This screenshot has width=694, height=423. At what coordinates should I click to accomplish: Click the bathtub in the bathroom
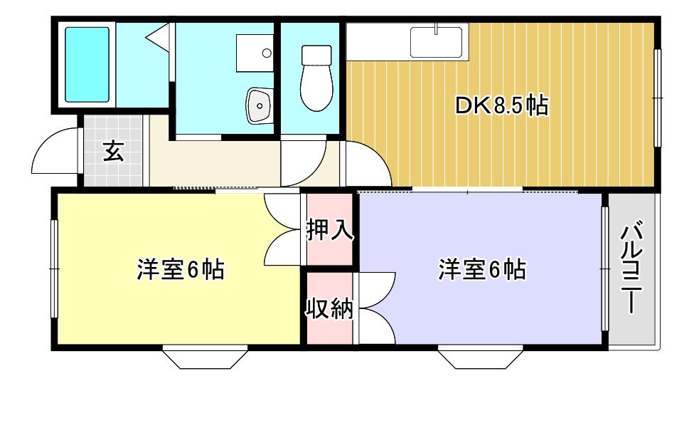[87, 65]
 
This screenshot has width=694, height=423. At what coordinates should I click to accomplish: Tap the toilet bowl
[316, 78]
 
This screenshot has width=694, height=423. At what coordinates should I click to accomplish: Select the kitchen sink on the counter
[436, 42]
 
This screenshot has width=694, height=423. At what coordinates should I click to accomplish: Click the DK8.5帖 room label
[502, 106]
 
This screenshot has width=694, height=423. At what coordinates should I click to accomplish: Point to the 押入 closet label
[330, 230]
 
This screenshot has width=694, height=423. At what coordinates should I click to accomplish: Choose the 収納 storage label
[330, 308]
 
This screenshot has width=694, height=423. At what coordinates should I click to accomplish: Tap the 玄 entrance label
[113, 151]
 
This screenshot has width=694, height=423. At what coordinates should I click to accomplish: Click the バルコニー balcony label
[631, 268]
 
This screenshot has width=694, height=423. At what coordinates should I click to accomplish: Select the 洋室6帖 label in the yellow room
[181, 269]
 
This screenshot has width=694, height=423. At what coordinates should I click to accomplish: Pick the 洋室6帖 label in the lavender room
[482, 269]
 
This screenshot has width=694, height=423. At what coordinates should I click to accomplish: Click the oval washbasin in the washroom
[259, 105]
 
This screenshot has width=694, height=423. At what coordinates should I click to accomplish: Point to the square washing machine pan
[255, 53]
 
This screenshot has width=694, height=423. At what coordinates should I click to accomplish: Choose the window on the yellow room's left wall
[54, 268]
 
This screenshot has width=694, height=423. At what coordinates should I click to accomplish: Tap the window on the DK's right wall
[658, 98]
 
